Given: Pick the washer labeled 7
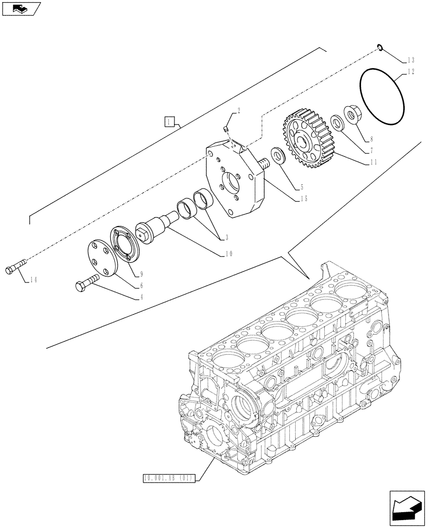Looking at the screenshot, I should (x=336, y=122).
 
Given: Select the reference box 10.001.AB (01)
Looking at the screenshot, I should (x=169, y=478).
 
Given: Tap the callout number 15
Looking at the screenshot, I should (x=304, y=199).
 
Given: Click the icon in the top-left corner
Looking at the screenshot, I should (x=21, y=8).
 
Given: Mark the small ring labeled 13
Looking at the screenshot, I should (x=380, y=49).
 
